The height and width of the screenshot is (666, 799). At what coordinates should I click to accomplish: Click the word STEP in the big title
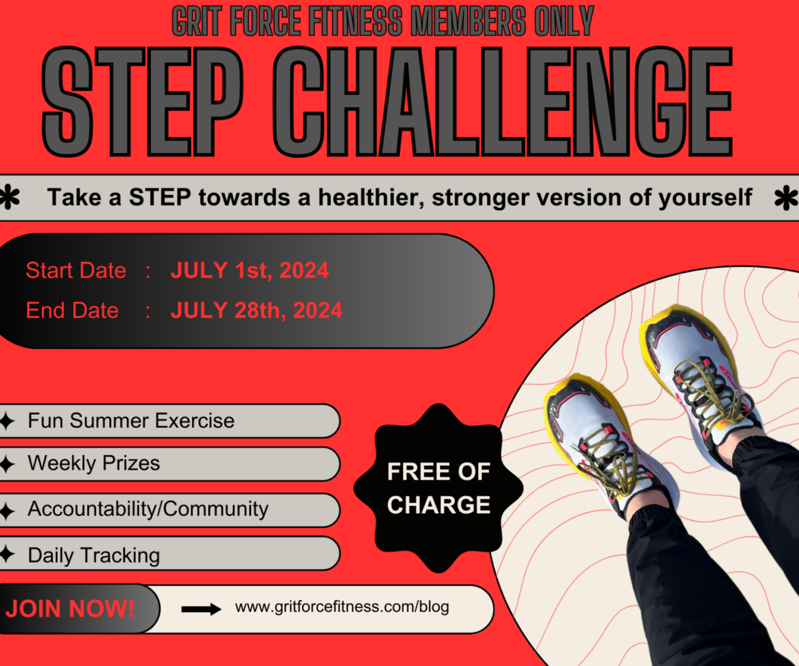pyautogui.click(x=142, y=101)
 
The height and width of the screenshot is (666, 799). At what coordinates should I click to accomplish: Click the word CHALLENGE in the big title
pyautogui.click(x=502, y=101)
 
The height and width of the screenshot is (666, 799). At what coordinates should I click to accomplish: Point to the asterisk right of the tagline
pyautogui.click(x=786, y=198)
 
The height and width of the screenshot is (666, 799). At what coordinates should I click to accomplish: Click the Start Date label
pyautogui.click(x=76, y=270)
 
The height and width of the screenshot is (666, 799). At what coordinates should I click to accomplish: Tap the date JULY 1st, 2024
pyautogui.click(x=249, y=270)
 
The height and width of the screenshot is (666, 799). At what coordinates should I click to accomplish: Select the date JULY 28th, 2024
pyautogui.click(x=256, y=310)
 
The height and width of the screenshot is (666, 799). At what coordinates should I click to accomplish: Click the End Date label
pyautogui.click(x=72, y=310)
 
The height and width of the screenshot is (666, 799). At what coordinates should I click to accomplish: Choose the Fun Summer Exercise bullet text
pyautogui.click(x=131, y=421)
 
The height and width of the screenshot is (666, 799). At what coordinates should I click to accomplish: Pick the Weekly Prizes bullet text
pyautogui.click(x=94, y=464)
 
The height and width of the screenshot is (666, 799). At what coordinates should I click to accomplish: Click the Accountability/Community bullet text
pyautogui.click(x=148, y=509)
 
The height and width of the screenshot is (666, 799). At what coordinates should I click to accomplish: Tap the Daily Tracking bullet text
pyautogui.click(x=94, y=555)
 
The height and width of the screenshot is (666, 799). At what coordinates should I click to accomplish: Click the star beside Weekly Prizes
pyautogui.click(x=7, y=464)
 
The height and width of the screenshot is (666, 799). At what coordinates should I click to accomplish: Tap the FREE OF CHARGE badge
pyautogui.click(x=438, y=488)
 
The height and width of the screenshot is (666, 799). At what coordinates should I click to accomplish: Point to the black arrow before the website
pyautogui.click(x=201, y=609)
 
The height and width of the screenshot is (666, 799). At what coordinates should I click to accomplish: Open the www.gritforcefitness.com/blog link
pyautogui.click(x=342, y=607)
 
